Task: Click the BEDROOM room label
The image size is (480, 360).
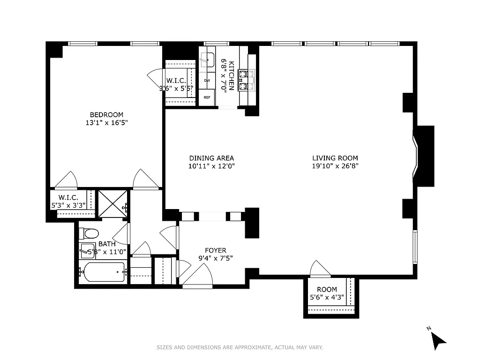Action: coord(106,115)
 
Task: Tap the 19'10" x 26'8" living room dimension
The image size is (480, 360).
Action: coord(335,166)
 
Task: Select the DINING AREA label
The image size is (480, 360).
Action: coord(211,158)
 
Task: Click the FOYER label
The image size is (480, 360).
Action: coord(216,250)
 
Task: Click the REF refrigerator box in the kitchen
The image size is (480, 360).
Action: coord(207,98)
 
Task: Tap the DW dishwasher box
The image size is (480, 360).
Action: coord(207,81)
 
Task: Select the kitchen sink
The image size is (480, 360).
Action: coord(207,60)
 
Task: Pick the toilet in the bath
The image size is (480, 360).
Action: coord(89,233)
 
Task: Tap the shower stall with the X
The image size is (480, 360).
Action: coord(112,203)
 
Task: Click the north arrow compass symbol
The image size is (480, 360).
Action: coord(438,339)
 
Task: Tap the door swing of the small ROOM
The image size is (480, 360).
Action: coord(320,269)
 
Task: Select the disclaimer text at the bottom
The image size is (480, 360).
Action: coord(240,347)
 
